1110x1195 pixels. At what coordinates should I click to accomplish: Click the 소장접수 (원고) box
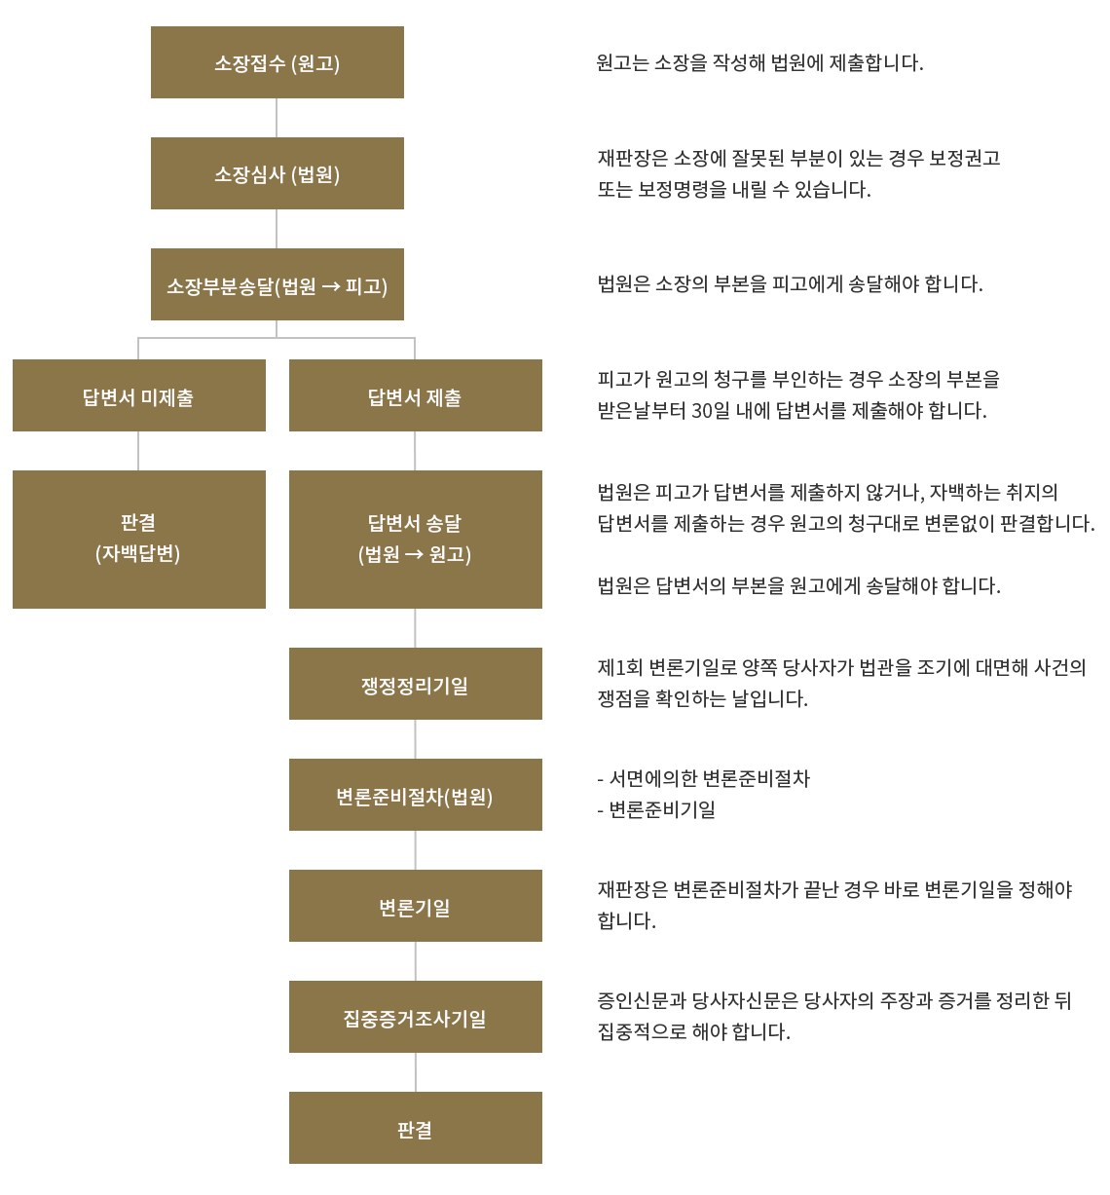pos(277,62)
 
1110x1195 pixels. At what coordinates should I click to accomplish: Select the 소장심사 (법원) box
pos(277,173)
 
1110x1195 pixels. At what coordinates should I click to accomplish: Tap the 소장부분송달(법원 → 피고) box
pos(277,284)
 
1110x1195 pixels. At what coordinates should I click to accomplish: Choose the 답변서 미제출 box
pos(139,395)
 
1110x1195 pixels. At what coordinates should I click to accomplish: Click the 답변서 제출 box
pos(415,395)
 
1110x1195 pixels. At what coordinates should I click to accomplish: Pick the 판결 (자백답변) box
pos(139,540)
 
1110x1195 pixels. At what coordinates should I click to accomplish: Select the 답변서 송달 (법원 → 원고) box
pos(415,540)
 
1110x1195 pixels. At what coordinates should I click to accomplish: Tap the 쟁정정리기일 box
pos(415,684)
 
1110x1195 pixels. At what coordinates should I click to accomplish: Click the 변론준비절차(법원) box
pos(415,795)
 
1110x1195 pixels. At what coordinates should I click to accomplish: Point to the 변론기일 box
pos(415,906)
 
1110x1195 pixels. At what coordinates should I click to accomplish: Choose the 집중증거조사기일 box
pos(415,1017)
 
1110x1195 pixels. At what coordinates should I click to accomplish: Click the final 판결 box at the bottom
pos(415,1128)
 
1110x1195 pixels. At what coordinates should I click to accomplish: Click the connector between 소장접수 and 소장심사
pos(277,118)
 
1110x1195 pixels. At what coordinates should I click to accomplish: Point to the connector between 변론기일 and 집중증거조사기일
pos(415,961)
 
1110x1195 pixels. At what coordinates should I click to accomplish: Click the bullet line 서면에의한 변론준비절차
pos(704,778)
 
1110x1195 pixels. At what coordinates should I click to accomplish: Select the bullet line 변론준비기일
pos(656,810)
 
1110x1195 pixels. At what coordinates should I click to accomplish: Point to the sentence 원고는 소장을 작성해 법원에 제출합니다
pos(759,62)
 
